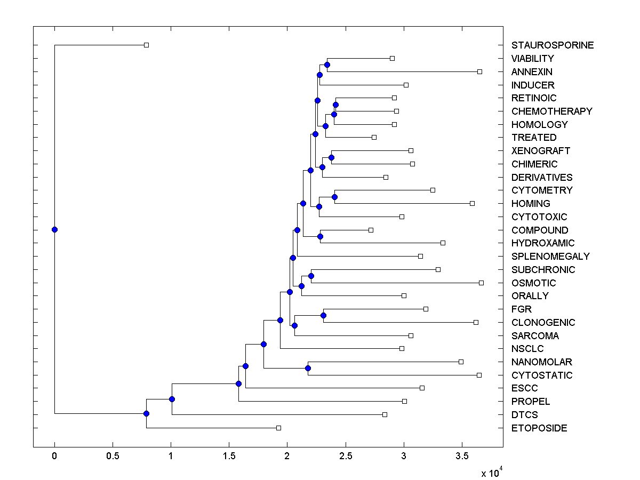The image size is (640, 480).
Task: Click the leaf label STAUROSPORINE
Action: tap(552, 45)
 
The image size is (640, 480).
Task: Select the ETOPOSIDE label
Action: tap(539, 428)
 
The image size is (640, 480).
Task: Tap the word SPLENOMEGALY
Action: tap(550, 257)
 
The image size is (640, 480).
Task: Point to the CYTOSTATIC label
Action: tap(542, 375)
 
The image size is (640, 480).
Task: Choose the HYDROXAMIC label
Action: tap(543, 243)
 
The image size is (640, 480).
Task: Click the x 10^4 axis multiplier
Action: tap(492, 473)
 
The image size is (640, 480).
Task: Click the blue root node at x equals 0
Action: tap(54, 230)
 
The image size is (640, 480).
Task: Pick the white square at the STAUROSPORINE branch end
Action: tap(147, 45)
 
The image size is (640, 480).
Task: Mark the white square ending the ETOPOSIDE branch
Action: tap(278, 428)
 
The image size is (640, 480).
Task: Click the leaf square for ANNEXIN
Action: tap(479, 71)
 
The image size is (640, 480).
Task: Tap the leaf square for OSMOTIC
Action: tap(481, 283)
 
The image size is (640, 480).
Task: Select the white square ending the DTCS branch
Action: tap(385, 414)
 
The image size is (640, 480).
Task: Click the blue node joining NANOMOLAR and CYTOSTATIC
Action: tap(308, 369)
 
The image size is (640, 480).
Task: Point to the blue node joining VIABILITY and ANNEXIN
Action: tap(327, 65)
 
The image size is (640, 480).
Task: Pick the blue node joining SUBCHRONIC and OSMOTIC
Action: tap(311, 276)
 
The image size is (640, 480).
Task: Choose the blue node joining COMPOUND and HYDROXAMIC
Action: tap(321, 236)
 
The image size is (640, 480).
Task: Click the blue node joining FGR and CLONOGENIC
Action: tap(323, 316)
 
